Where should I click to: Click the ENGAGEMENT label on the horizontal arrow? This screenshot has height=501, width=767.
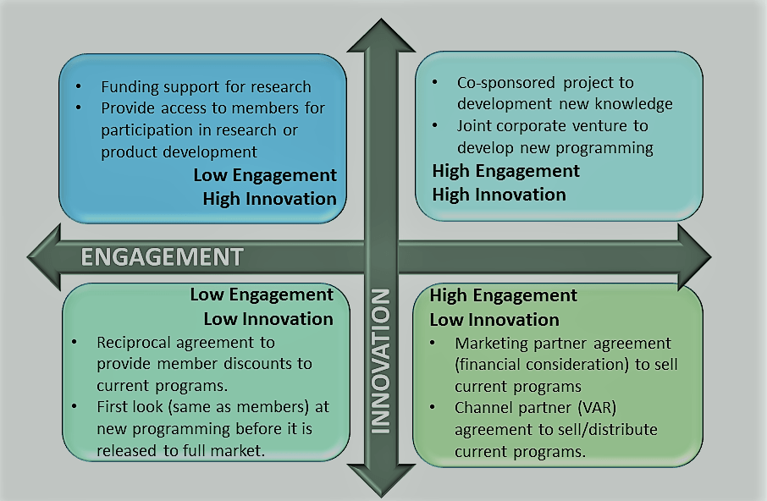click(x=162, y=257)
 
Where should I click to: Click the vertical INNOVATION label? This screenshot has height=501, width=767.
click(x=381, y=361)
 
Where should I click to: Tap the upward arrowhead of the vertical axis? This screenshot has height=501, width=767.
click(x=381, y=36)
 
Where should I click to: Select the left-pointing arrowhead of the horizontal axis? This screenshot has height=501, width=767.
click(x=45, y=257)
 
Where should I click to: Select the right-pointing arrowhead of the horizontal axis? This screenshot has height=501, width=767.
click(x=694, y=257)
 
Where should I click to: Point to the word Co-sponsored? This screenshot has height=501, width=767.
click(x=505, y=83)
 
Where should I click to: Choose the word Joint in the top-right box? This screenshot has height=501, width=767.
click(x=473, y=126)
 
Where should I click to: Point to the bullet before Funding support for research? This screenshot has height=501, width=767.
click(x=78, y=87)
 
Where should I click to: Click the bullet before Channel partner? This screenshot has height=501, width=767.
click(x=433, y=408)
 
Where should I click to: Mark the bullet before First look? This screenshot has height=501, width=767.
click(x=74, y=407)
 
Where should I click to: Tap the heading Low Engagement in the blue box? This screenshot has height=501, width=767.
click(x=265, y=175)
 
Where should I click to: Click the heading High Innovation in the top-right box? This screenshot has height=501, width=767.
click(x=499, y=195)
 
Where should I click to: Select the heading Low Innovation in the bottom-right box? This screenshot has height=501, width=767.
click(x=494, y=320)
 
